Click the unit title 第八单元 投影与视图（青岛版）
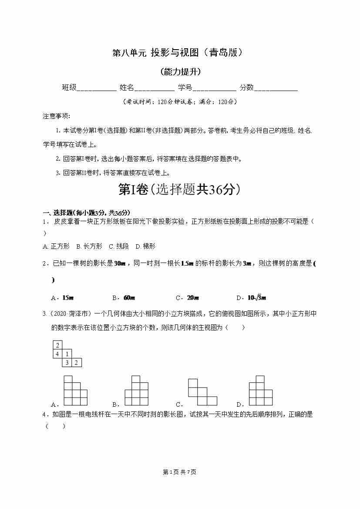(x=177, y=53)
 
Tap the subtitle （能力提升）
(x=180, y=72)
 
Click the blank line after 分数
(x=276, y=88)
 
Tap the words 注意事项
(x=56, y=116)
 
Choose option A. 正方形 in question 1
(x=57, y=246)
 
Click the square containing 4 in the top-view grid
(x=57, y=354)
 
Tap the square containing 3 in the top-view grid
(x=67, y=362)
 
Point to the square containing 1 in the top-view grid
(x=67, y=354)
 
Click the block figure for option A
(x=75, y=391)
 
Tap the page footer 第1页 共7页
(x=179, y=472)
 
